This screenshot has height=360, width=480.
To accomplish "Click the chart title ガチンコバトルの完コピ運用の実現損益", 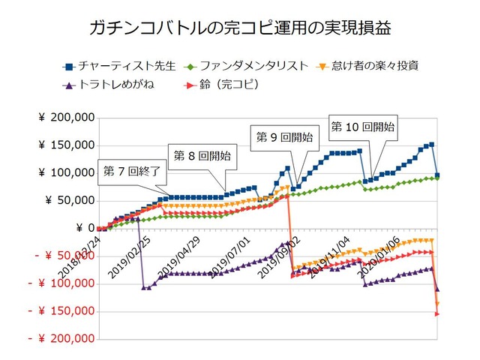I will pyautogui.click(x=240, y=29).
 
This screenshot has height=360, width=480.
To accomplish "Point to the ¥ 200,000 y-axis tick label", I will pyautogui.click(x=65, y=118).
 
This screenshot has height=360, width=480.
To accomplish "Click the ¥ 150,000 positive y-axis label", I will pyautogui.click(x=65, y=145).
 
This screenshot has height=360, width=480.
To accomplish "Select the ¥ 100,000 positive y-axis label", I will pyautogui.click(x=65, y=173).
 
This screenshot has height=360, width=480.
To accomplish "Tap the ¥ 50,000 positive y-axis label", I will pyautogui.click(x=69, y=201).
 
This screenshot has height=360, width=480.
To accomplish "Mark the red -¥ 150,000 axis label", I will pyautogui.click(x=63, y=311).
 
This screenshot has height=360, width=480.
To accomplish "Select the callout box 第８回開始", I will pyautogui.click(x=202, y=156).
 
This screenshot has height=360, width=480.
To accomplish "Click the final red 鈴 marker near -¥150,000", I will pyautogui.click(x=437, y=313).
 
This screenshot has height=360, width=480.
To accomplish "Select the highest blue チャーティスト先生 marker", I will pyautogui.click(x=431, y=145).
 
